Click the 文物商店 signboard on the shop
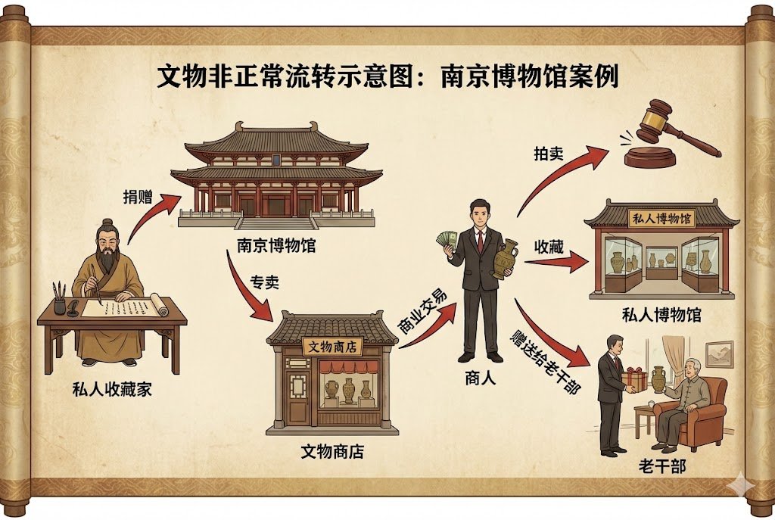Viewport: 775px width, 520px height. (333, 347)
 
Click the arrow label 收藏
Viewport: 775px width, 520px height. (549, 248)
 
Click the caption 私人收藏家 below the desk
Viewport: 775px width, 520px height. (113, 391)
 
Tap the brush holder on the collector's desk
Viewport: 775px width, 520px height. (60, 304)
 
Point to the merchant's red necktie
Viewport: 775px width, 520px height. (480, 240)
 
